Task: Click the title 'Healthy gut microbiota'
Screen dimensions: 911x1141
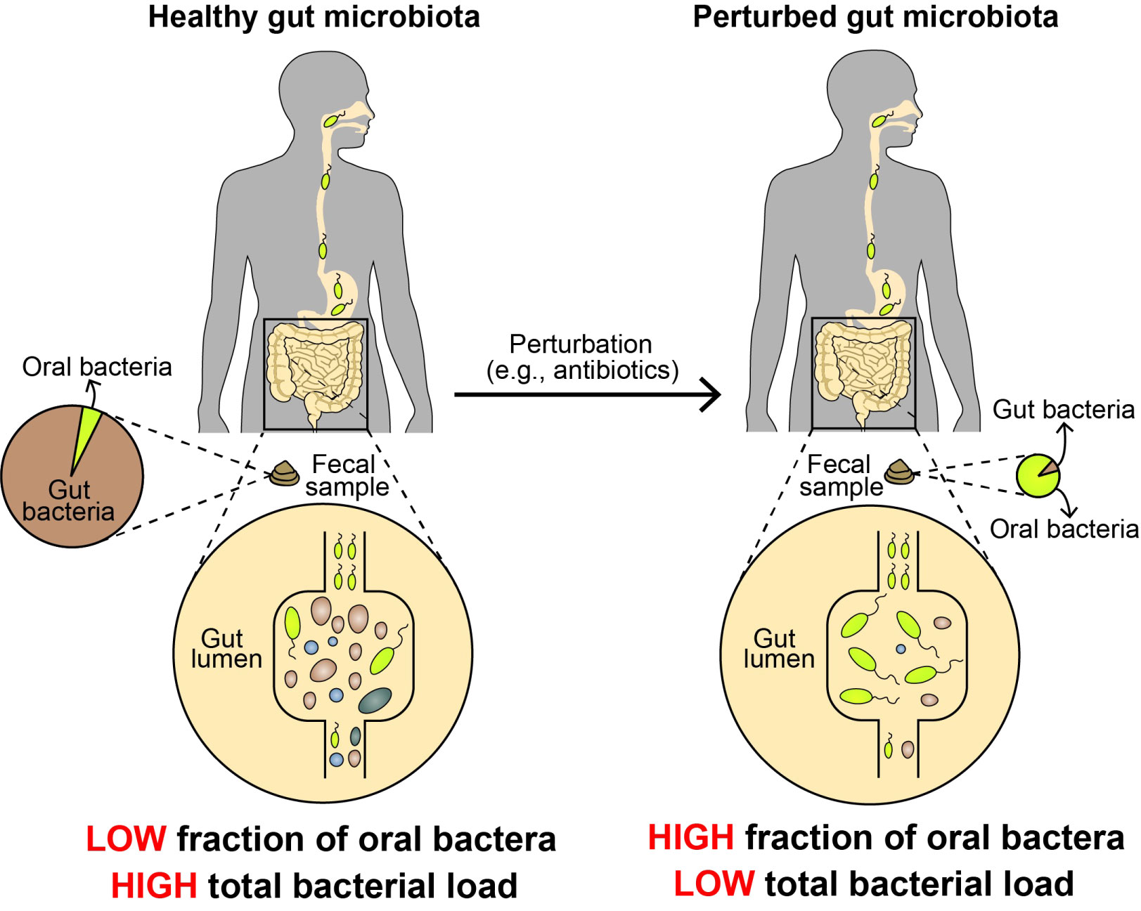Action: click(314, 17)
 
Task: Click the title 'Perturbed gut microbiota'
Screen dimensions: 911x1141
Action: click(875, 17)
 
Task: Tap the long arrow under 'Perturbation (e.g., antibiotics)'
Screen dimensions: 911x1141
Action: click(587, 394)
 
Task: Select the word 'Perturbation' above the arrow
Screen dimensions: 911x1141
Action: click(581, 344)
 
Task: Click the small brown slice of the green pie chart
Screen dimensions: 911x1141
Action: click(1048, 468)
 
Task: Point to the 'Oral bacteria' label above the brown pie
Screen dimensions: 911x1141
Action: click(97, 366)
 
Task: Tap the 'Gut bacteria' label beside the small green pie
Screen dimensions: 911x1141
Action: click(1063, 409)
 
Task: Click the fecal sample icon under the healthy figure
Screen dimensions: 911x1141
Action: click(285, 474)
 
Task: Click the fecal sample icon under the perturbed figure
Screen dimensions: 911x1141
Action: click(899, 472)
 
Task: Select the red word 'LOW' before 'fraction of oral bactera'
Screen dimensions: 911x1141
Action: click(126, 839)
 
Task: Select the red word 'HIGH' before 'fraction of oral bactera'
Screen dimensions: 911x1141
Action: click(690, 837)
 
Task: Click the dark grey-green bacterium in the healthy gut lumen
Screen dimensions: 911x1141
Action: click(375, 700)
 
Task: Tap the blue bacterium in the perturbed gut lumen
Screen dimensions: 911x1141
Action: click(901, 649)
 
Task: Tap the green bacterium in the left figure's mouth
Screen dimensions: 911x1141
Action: click(330, 121)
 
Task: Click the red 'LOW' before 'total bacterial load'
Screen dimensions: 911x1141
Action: click(714, 884)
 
